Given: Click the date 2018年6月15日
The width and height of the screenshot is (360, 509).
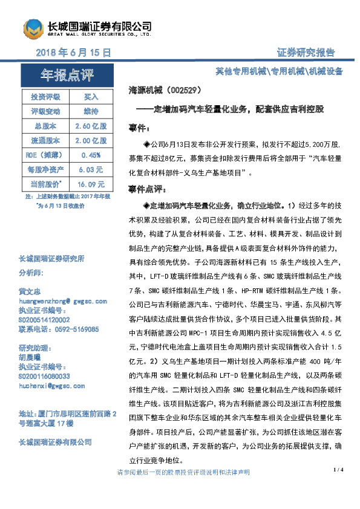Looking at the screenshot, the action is point(74,53).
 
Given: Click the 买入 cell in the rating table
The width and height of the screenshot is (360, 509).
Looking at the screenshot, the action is point(91,97).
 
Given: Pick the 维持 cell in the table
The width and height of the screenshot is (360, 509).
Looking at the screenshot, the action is point(91,111).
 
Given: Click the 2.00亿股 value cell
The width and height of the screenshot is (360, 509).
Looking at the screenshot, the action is point(91,140).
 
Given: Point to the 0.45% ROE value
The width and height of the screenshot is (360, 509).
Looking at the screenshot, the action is point(91,155).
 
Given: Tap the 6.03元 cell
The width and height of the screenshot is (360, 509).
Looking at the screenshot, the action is point(91,169).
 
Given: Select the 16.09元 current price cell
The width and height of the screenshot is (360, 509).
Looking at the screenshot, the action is point(91,184).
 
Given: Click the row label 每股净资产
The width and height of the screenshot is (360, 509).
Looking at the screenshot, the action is point(45,169).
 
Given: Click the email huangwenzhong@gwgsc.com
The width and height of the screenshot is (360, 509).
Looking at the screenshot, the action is point(63,300).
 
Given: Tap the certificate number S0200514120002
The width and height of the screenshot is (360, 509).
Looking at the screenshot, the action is point(44,319).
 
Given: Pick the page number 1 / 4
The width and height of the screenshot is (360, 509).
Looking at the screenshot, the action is point(338,469).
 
